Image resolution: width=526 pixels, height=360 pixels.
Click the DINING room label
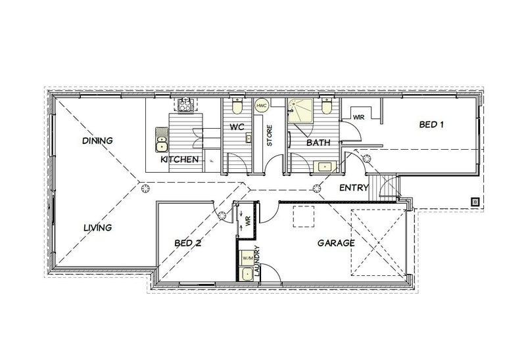pos(98,141)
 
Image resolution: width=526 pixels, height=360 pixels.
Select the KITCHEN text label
pos(179,160)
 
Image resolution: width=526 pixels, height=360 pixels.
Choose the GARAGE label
pos(337,242)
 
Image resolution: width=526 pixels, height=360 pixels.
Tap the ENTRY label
pos(352,188)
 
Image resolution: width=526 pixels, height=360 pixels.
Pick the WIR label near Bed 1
pos(359,116)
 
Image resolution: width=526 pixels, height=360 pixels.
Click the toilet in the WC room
pos(238,105)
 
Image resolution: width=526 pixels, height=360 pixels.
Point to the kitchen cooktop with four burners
pos(184,104)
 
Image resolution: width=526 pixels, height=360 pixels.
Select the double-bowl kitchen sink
pos(161,137)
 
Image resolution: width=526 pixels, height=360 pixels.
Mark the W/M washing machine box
pos(247,259)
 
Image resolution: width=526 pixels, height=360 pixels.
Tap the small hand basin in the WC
pos(249,137)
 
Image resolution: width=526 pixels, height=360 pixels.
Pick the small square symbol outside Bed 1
pos(473,202)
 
